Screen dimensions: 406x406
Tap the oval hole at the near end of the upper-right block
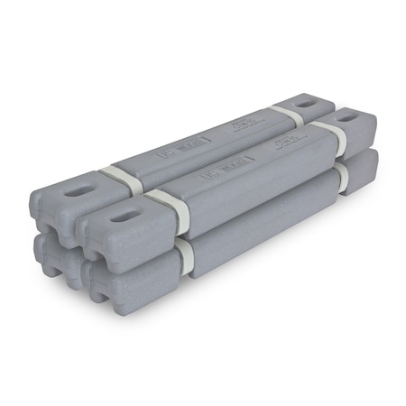coord(124,217)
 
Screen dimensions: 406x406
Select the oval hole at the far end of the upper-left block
coord(305,103)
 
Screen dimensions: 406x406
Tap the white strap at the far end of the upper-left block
coord(287,114)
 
